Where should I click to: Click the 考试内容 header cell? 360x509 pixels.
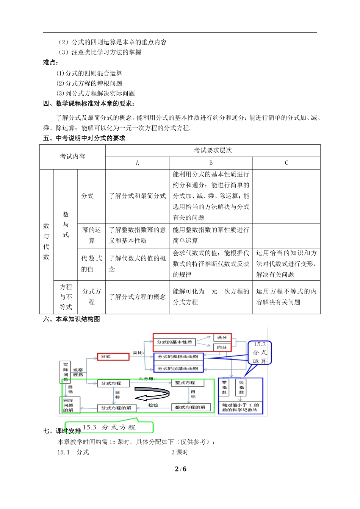click(x=72, y=156)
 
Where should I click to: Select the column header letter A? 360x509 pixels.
click(x=137, y=163)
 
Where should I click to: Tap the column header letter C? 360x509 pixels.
click(x=286, y=163)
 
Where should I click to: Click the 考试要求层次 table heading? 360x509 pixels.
click(x=213, y=150)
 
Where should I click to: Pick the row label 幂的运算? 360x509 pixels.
click(x=91, y=235)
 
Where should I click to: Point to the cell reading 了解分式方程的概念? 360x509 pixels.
click(x=138, y=297)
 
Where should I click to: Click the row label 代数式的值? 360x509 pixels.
click(x=91, y=264)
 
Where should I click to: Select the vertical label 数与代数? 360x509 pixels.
click(x=46, y=241)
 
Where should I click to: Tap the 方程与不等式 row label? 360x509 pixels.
click(x=66, y=297)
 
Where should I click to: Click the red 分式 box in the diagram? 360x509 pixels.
click(x=113, y=357)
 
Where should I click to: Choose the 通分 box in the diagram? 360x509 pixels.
click(x=222, y=337)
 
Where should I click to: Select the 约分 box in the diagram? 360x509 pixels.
click(x=222, y=347)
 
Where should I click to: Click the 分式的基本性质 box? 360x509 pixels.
click(x=174, y=342)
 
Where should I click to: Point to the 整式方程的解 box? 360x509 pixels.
click(x=190, y=407)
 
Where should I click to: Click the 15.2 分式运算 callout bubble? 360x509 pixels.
click(x=260, y=353)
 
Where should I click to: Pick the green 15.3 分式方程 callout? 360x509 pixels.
click(x=109, y=427)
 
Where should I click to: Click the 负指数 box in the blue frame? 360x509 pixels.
click(x=241, y=387)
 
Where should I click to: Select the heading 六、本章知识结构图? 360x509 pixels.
click(x=72, y=319)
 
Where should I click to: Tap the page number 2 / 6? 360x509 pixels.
click(x=180, y=469)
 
